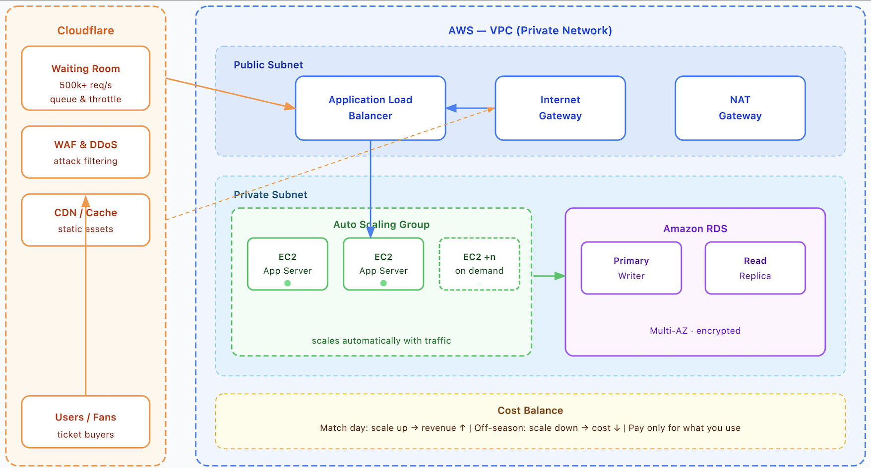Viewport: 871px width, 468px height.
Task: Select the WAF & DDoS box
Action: pos(85,152)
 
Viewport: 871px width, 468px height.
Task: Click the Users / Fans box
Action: pos(85,422)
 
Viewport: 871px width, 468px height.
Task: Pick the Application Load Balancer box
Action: pos(370,108)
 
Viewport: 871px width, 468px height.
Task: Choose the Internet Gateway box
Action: pos(560,108)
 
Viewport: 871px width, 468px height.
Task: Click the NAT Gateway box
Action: pos(740,108)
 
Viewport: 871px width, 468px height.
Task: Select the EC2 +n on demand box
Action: pos(479,264)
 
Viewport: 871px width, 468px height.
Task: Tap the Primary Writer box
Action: pos(631,268)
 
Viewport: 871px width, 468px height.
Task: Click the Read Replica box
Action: pos(755,268)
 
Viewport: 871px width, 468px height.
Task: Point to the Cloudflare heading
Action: pos(85,31)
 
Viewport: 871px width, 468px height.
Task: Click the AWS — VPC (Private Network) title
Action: pos(530,31)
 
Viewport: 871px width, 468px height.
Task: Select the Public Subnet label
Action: pos(268,65)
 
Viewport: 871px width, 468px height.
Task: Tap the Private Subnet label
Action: pos(271,195)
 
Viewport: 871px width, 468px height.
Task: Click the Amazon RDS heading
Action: pos(695,229)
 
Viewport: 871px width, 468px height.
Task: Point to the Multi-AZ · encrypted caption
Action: pos(695,331)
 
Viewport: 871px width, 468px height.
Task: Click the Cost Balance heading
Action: pos(530,410)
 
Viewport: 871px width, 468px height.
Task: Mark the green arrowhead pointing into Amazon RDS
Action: pos(560,276)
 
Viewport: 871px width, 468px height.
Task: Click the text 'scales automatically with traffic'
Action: pos(381,341)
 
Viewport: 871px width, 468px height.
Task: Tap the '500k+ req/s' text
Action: pos(85,85)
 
